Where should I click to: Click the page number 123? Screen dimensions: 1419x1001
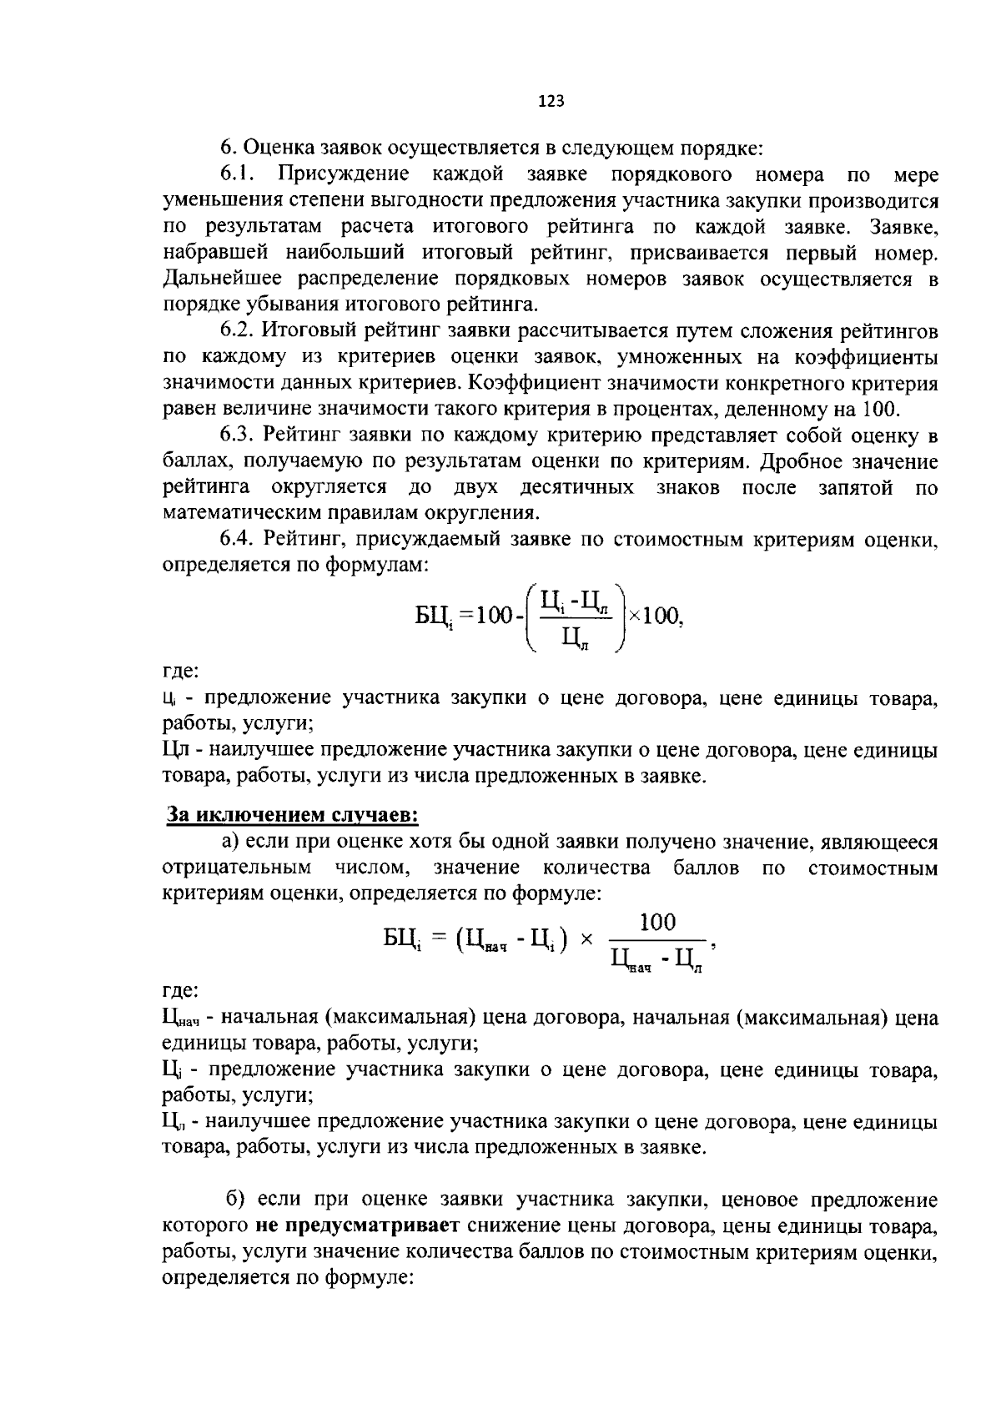coord(551,101)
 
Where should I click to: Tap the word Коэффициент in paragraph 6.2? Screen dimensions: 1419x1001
coord(526,384)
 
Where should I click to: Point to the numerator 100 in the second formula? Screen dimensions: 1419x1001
coord(657,922)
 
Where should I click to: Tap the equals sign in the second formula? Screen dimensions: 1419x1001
coord(439,939)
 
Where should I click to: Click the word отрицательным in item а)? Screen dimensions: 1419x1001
coord(237,868)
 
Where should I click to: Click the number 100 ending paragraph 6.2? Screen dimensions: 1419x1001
coord(875,410)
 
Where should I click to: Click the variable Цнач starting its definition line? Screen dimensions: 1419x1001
coord(181,1019)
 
